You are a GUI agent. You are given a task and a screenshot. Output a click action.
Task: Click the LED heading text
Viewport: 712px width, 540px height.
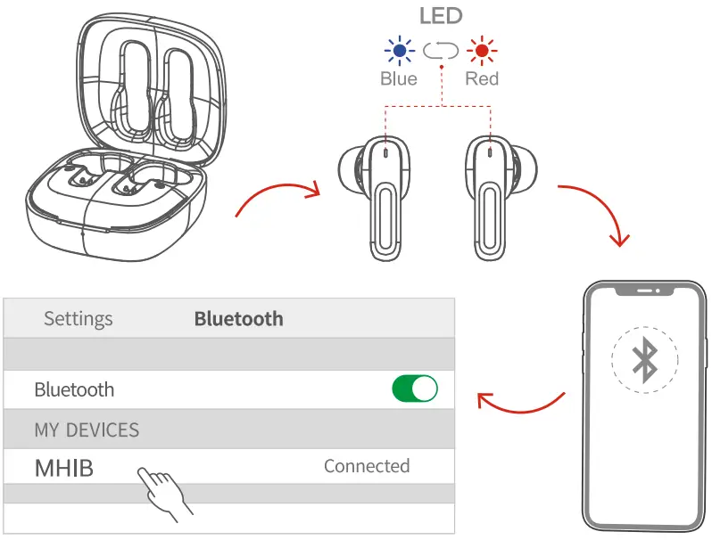[441, 16]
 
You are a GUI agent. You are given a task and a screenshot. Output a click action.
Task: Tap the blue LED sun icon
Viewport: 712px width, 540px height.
[399, 51]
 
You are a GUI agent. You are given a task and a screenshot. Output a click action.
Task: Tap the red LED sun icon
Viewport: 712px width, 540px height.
[482, 51]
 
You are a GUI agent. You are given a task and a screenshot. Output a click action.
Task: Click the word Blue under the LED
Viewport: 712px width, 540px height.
[398, 79]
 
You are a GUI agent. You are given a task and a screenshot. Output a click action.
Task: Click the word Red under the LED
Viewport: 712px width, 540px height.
[482, 79]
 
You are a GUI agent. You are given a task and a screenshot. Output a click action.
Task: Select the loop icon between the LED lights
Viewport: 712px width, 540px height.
[441, 51]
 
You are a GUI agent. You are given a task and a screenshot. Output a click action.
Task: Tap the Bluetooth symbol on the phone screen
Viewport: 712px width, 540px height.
[644, 359]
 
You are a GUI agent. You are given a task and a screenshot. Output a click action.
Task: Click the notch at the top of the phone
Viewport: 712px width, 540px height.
[644, 290]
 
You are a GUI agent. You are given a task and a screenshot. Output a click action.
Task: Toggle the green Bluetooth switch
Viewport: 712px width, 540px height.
[415, 389]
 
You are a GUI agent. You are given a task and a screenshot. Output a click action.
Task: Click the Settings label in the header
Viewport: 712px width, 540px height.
[79, 319]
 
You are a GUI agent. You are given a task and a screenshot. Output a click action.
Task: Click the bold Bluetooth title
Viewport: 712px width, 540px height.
[238, 319]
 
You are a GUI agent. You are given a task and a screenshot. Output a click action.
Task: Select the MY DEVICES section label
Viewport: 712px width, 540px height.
[87, 430]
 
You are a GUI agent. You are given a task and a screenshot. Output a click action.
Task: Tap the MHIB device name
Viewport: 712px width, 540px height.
[63, 468]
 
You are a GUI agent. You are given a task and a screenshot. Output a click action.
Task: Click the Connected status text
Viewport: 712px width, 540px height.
[367, 466]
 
